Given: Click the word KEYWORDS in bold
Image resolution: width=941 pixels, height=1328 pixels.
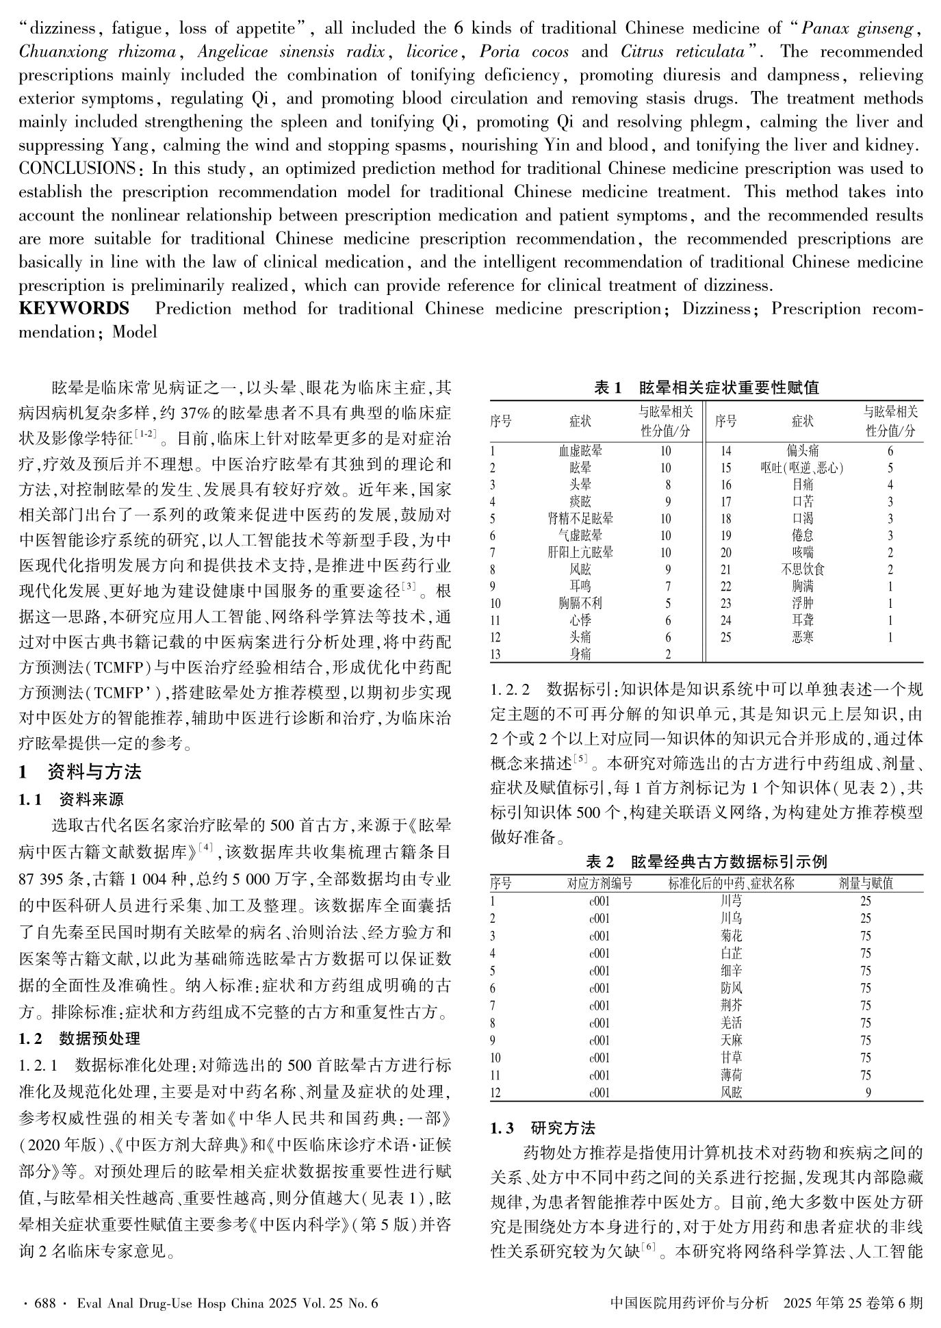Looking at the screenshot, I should [74, 309].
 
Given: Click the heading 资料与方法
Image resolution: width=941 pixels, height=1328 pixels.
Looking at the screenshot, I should [94, 772].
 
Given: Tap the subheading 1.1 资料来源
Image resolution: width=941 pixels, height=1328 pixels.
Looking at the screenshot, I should [72, 799].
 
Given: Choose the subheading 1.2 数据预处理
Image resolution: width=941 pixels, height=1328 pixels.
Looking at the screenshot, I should [80, 1038].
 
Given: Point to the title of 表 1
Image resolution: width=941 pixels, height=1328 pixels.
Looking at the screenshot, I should [706, 387].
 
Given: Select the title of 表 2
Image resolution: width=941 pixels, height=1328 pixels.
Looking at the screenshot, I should [706, 862].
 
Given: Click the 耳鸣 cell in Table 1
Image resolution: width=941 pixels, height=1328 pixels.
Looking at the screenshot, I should [580, 587].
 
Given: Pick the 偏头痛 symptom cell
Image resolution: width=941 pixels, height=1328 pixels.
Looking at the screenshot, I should [803, 451].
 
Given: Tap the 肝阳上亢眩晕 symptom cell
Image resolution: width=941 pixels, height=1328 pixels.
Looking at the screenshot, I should [580, 552].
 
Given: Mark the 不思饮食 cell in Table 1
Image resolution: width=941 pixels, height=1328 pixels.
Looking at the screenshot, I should [803, 570].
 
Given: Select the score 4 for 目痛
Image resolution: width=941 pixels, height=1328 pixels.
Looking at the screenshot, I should [890, 485].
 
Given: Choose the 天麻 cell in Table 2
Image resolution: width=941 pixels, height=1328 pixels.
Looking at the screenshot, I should [731, 1040].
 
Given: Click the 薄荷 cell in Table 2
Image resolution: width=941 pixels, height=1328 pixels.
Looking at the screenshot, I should [731, 1075].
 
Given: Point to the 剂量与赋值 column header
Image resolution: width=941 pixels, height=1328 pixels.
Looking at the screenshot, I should [866, 884].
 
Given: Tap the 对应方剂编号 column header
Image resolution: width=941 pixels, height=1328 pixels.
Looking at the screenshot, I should [600, 884].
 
